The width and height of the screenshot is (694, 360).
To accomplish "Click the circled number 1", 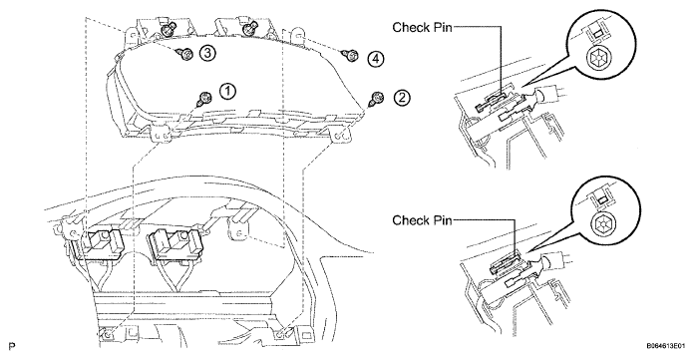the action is coord(228,92).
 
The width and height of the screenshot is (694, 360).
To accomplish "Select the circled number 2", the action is coord(402,98).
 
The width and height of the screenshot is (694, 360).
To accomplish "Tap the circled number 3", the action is coord(207,53).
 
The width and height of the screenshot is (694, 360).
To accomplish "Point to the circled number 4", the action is coord(375,59).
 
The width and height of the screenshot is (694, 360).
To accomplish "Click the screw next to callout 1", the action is coord(204,99).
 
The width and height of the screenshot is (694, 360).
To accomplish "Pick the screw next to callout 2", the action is coord(375,99).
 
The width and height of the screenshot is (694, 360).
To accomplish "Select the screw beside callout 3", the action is coord(185,54).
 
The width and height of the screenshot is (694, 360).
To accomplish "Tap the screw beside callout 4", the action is coord(351,56).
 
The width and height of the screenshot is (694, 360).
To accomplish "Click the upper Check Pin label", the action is coord(422,28).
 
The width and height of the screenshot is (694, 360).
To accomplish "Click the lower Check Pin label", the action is coord(422,220).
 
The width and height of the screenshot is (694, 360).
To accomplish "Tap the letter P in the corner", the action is coord(11,346).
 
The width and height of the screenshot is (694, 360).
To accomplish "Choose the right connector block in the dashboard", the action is coord(172,243).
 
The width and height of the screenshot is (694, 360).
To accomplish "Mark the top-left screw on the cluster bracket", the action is coord(167,30).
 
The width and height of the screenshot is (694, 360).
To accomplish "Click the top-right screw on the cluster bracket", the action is coord(249,29).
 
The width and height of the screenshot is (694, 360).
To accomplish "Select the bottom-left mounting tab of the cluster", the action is coord(161,134).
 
